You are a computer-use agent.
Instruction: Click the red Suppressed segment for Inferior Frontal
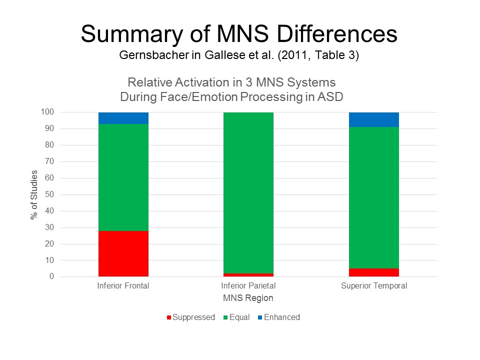(123, 253)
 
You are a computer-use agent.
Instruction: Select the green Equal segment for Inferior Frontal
(123, 177)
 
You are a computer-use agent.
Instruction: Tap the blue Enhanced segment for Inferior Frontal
(123, 118)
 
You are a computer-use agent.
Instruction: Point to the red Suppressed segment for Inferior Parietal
(248, 274)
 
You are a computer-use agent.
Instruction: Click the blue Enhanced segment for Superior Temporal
(374, 119)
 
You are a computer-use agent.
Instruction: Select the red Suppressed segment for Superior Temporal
(374, 272)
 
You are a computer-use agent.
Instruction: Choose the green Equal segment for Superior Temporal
(374, 197)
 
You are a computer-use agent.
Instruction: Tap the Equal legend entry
(239, 317)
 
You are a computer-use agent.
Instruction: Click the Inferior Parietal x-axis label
(248, 286)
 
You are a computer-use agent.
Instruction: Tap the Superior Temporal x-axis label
(374, 286)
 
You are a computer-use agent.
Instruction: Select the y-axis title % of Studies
(34, 194)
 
